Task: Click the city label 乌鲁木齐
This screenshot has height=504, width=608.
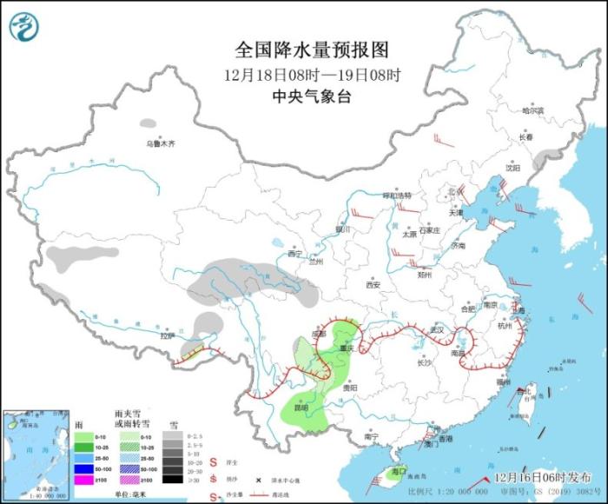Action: coord(160,143)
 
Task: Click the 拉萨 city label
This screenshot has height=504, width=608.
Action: coord(168,335)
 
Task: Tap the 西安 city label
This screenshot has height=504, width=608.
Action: coord(373,284)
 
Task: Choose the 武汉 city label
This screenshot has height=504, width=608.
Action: coord(435,329)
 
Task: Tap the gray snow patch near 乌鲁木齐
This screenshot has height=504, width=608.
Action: coord(149,124)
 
